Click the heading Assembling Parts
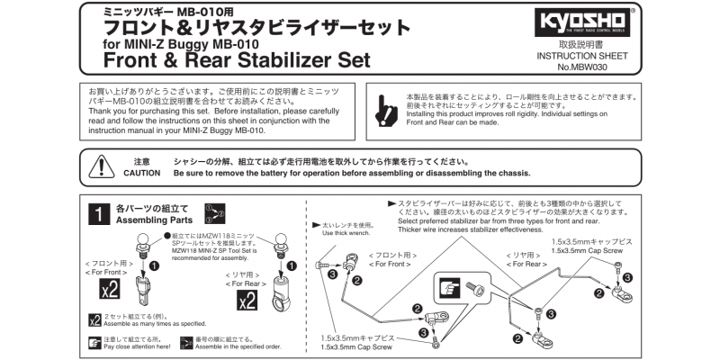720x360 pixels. coord(155,220)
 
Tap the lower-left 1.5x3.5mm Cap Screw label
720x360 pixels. coord(356,347)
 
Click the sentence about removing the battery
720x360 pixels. coord(352,172)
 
